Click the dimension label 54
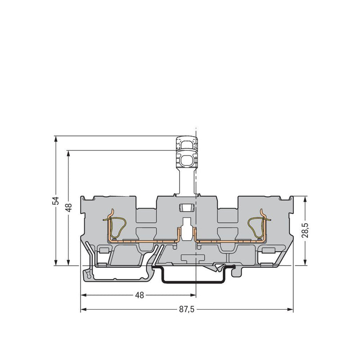[x=56, y=201]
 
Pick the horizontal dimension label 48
[x=139, y=295]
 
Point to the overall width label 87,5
[x=187, y=310]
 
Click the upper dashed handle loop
[x=187, y=144]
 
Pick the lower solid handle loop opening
[x=187, y=160]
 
